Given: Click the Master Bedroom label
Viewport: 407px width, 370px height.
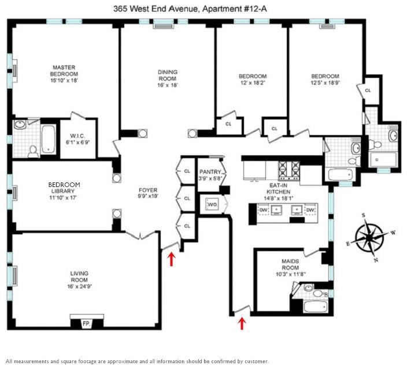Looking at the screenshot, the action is point(64,70).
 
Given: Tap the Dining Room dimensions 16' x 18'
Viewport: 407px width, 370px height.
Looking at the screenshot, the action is point(168,85).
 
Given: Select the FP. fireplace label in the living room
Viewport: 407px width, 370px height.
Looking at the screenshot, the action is point(87,324).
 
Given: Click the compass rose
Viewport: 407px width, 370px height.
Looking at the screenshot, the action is point(370,237).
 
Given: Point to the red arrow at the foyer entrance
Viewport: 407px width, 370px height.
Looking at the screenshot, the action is point(171,259).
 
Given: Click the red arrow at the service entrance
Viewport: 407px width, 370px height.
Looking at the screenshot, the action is point(242,323).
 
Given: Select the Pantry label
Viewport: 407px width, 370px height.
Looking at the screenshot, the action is point(210,172).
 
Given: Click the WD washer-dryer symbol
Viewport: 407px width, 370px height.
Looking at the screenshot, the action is point(212,204).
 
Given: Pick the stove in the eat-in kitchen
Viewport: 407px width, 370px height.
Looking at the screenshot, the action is point(289,170).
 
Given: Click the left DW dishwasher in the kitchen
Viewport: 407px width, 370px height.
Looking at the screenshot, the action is point(263,210).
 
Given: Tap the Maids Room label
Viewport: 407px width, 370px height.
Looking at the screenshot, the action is point(290,264).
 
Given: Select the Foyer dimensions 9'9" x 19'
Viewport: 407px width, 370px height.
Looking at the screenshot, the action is point(148,196).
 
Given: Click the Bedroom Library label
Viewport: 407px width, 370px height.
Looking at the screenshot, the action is point(64,188).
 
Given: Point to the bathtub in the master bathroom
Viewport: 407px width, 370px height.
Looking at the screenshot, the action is point(48,139).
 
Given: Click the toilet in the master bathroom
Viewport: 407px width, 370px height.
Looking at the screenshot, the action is point(33,152).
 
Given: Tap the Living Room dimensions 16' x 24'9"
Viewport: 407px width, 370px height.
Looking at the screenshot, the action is point(79,286).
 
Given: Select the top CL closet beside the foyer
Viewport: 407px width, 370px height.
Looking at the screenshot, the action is point(187,171).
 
